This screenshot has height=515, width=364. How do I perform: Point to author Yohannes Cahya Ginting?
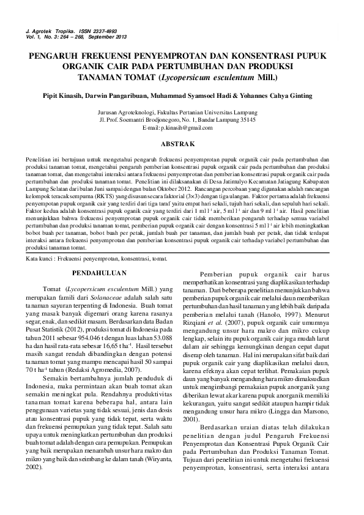click(278, 95)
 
